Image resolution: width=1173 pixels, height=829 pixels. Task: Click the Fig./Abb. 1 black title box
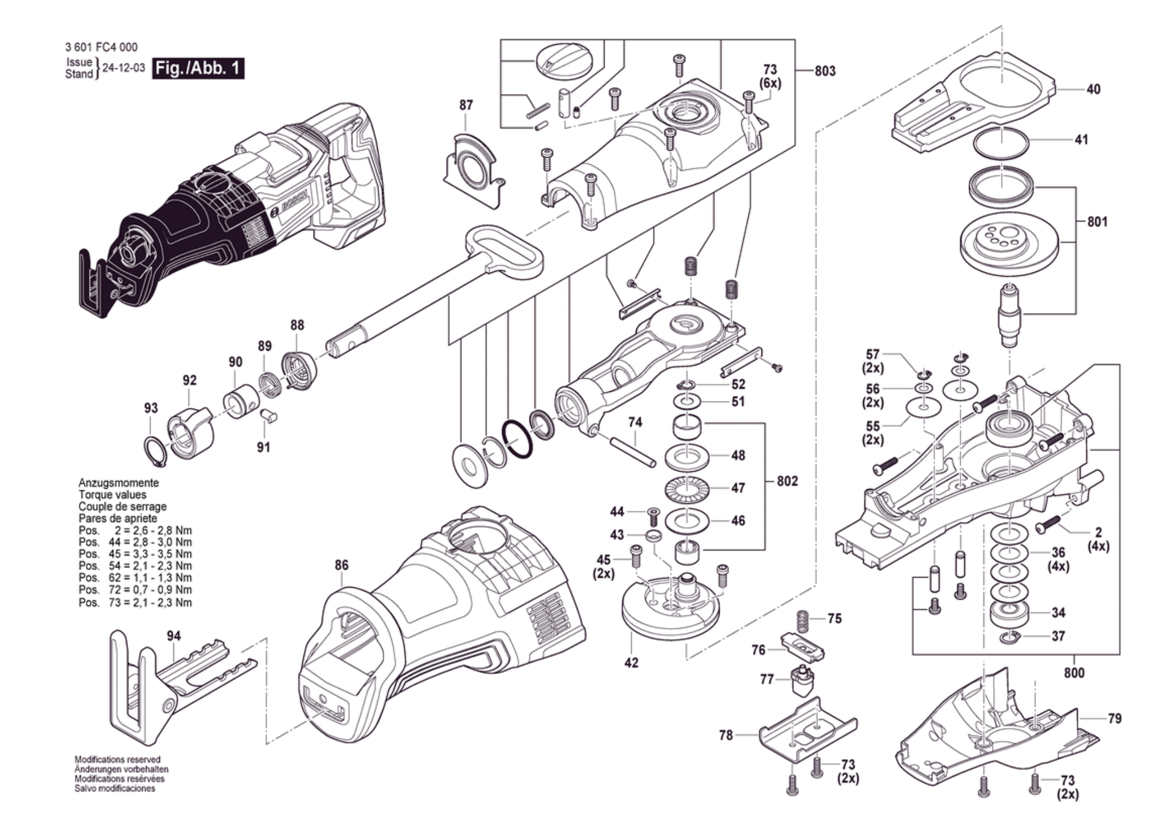coord(198,69)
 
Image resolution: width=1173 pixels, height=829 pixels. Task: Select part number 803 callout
coord(825,71)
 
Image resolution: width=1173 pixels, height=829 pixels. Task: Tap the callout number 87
coord(466,105)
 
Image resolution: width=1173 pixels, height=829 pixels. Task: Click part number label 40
coord(1093,89)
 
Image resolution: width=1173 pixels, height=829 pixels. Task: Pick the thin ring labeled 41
coord(1001,145)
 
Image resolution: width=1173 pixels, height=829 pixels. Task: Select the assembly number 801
coord(1097,222)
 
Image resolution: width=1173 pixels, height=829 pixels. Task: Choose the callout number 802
coord(787,481)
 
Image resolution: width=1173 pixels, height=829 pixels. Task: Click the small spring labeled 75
coord(802,622)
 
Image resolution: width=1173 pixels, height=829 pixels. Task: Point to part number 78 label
coord(726,735)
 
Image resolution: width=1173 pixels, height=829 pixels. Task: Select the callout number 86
coord(341,565)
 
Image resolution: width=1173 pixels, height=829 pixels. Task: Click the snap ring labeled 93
coord(155,452)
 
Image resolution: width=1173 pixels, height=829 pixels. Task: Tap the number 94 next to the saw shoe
coord(174,636)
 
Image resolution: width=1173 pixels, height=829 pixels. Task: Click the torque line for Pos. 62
coord(135,578)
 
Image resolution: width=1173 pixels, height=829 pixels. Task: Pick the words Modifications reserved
coord(117,759)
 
